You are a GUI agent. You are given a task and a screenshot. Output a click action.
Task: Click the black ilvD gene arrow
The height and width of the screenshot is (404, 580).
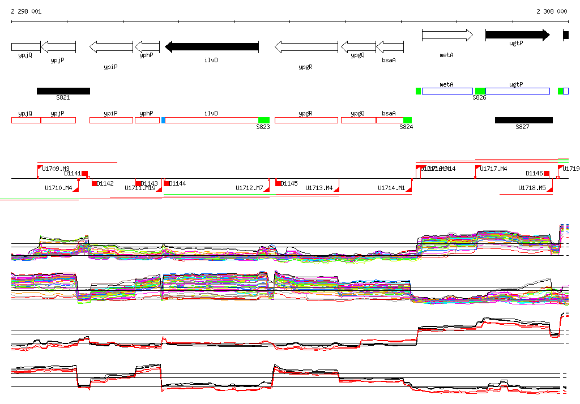click(211, 46)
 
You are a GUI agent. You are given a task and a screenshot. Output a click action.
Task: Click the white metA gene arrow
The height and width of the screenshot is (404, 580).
click(447, 35)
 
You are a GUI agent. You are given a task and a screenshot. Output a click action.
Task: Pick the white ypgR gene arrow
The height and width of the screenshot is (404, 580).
click(306, 46)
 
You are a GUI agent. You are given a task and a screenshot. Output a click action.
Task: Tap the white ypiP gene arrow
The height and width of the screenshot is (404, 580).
click(111, 46)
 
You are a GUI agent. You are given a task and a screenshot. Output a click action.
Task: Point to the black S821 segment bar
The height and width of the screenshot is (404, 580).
click(63, 91)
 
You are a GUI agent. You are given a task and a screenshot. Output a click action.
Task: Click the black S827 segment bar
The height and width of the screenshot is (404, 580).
click(523, 120)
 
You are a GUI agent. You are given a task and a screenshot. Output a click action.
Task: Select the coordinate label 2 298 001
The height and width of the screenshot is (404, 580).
click(26, 11)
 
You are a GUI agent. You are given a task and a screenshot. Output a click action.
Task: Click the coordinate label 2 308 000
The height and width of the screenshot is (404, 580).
click(552, 11)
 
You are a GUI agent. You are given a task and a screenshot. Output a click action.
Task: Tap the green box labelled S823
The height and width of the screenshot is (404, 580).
click(263, 120)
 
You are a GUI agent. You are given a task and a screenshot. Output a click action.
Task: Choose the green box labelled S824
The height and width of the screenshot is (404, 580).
click(407, 120)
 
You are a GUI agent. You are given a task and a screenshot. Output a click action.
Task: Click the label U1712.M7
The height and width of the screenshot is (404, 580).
click(249, 188)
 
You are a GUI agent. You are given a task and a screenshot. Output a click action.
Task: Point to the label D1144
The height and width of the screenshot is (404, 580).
click(178, 183)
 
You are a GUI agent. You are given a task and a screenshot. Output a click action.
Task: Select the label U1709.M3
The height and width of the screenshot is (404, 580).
click(56, 169)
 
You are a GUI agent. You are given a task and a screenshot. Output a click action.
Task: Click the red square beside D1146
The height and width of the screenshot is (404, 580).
click(547, 173)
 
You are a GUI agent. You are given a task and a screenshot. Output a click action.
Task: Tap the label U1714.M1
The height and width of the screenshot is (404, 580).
click(391, 188)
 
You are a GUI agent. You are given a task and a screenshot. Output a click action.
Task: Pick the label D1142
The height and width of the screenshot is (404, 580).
click(105, 183)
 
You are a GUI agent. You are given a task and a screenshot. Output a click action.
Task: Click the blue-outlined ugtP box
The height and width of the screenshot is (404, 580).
click(518, 91)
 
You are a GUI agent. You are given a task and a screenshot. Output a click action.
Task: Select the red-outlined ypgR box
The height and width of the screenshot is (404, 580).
click(306, 120)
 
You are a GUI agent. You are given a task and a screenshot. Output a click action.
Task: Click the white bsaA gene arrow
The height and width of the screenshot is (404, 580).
click(390, 46)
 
